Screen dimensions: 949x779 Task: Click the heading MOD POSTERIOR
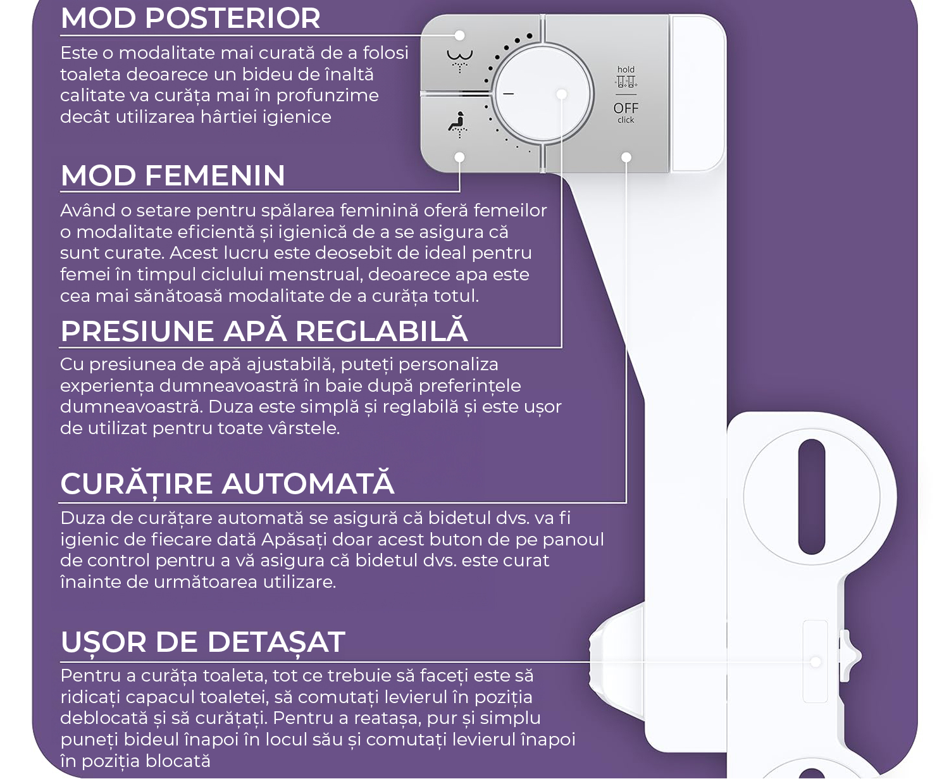[x=190, y=18]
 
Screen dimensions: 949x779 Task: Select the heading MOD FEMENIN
[x=173, y=175]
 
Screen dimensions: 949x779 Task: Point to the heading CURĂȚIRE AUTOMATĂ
[x=227, y=484]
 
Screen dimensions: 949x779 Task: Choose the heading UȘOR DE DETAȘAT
[x=203, y=642]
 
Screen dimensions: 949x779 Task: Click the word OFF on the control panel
[x=626, y=108]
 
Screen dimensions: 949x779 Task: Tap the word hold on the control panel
[x=626, y=70]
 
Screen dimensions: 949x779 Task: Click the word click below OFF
[x=626, y=120]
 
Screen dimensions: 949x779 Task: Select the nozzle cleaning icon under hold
[x=626, y=82]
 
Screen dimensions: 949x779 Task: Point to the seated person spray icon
[x=458, y=124]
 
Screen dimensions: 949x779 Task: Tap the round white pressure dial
[x=543, y=94]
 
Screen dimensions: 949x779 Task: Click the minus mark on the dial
[x=509, y=94]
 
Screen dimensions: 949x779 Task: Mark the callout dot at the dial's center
[x=562, y=94]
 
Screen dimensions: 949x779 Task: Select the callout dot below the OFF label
[x=626, y=157]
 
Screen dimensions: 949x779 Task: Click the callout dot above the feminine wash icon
[x=459, y=35]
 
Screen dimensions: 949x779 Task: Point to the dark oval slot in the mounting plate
[x=811, y=496]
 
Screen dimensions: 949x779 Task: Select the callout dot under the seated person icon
[x=459, y=157]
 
